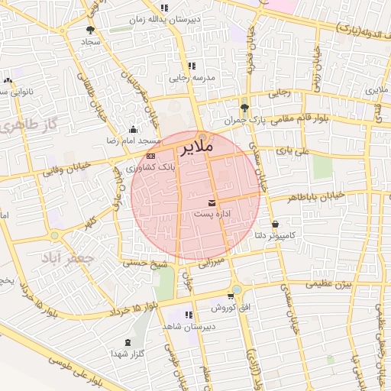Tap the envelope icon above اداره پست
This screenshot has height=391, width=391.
tap(212, 202)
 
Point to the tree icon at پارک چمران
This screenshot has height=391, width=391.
tap(244, 108)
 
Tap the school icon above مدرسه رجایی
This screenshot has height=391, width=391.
tap(192, 66)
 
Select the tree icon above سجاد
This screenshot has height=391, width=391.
tap(91, 30)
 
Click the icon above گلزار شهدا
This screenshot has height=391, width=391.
tap(126, 341)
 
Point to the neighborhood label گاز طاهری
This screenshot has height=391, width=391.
tap(30, 124)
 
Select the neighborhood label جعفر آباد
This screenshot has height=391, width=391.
tap(64, 259)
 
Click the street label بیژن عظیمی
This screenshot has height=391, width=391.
tap(328, 284)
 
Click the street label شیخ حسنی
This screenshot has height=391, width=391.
tap(147, 264)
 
